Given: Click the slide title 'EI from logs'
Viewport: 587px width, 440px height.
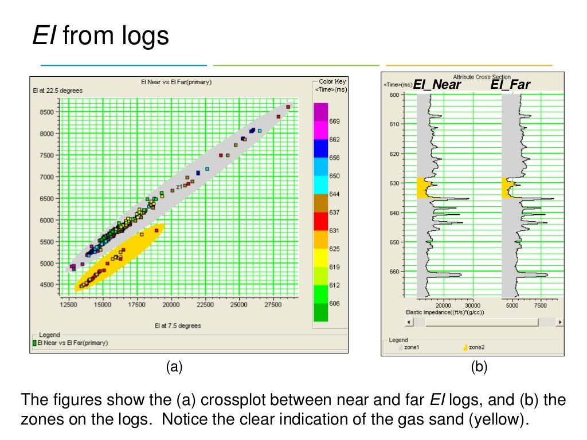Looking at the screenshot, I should pyautogui.click(x=100, y=36).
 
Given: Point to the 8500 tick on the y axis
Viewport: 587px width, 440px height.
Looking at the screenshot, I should pyautogui.click(x=47, y=112).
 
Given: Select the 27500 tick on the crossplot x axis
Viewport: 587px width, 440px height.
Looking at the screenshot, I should pyautogui.click(x=273, y=306).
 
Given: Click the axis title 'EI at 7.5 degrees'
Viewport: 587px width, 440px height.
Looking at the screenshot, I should pyautogui.click(x=178, y=326).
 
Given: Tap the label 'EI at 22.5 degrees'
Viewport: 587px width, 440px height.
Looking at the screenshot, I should pyautogui.click(x=58, y=91).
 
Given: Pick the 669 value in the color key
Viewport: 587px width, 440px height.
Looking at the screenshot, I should pyautogui.click(x=335, y=121).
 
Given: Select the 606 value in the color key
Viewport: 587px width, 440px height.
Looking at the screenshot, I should pyautogui.click(x=335, y=304).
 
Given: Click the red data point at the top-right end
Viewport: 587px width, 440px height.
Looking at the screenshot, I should pyautogui.click(x=288, y=107).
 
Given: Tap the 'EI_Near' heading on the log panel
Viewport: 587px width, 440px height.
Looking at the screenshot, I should pyautogui.click(x=437, y=85).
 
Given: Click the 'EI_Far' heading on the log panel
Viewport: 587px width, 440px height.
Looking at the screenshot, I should pyautogui.click(x=510, y=85).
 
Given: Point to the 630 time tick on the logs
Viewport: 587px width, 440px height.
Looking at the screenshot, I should pyautogui.click(x=394, y=183).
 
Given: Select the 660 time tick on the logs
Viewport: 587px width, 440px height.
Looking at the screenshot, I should pyautogui.click(x=394, y=272).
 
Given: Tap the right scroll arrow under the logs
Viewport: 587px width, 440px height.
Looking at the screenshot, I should pyautogui.click(x=559, y=323).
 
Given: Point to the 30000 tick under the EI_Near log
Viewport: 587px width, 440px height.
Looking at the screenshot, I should pyautogui.click(x=472, y=305).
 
